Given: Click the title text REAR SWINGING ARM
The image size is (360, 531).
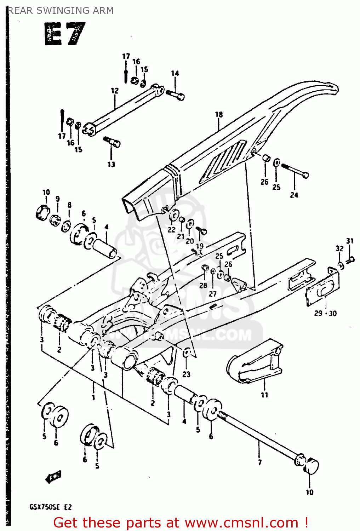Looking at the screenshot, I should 61,11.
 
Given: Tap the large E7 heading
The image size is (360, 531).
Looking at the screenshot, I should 65,34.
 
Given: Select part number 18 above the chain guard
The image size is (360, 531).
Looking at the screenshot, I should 219,114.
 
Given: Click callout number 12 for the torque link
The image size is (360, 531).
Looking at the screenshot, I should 115,91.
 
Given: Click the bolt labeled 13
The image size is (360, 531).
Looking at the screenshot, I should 113,142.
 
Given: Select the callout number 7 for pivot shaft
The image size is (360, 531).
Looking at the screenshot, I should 260,462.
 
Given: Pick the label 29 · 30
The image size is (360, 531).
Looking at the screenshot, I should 325,313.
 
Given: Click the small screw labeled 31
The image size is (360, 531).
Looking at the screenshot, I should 351,260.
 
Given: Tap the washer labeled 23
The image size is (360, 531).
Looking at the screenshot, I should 187,353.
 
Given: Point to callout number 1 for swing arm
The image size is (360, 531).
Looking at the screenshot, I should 93,398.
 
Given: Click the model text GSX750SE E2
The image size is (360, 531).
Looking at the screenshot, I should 50,507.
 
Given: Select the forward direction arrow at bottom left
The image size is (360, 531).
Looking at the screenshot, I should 53,477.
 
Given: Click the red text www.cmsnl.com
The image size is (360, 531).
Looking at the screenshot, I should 241,523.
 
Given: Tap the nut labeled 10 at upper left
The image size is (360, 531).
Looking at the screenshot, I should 42,212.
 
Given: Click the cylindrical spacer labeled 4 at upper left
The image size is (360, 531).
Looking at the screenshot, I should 105,248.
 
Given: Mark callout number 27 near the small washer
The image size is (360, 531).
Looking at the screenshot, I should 212,294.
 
